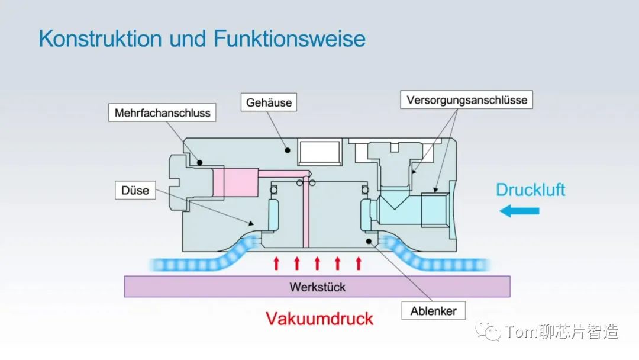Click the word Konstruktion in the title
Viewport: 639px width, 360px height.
click(100, 39)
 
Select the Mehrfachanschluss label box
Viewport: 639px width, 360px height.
click(162, 112)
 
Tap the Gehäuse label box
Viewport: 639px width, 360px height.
click(269, 102)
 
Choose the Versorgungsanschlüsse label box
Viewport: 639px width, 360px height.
click(467, 99)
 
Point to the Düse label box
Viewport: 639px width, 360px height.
click(135, 191)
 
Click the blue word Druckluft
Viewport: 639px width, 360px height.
click(530, 190)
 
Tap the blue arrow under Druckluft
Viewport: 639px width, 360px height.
click(519, 211)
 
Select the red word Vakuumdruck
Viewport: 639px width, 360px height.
click(319, 319)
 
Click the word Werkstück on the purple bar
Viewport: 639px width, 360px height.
click(317, 287)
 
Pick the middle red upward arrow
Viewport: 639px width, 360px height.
click(317, 263)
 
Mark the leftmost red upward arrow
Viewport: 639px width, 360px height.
click(276, 263)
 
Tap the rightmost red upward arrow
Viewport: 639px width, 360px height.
click(358, 263)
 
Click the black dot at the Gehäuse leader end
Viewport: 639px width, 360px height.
click(288, 149)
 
